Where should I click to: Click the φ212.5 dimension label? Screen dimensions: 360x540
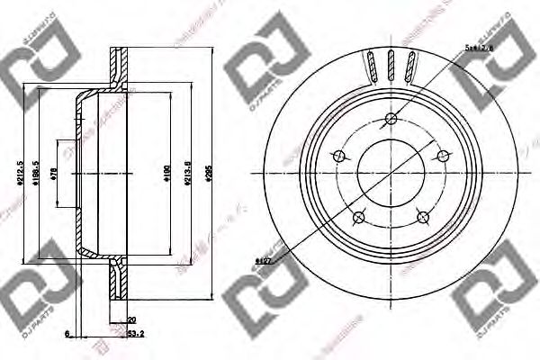[x=20, y=166]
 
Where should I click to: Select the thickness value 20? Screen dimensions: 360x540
[x=130, y=319]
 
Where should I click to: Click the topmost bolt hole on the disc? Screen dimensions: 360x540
[x=392, y=117]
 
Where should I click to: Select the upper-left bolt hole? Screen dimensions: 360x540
[x=339, y=155]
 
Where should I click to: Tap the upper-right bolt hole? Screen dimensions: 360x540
[x=445, y=155]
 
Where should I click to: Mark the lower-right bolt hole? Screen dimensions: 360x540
[x=425, y=216]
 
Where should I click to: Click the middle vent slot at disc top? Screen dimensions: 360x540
[x=391, y=66]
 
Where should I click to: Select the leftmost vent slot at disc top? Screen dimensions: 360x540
[x=371, y=67]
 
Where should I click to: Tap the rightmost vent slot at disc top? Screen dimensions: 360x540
[x=412, y=67]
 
